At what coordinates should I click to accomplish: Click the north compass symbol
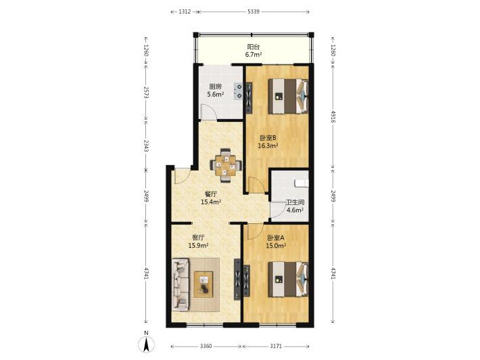click(147, 344)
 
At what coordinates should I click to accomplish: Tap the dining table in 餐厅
click(226, 165)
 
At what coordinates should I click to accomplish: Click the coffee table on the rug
click(203, 284)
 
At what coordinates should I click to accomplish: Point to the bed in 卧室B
click(288, 96)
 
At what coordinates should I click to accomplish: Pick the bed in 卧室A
click(288, 279)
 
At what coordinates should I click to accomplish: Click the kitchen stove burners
click(239, 91)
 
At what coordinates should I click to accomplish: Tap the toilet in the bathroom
click(302, 183)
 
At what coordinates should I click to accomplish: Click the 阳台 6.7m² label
click(253, 51)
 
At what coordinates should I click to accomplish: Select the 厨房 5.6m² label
click(215, 91)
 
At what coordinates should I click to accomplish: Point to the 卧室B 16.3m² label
click(268, 142)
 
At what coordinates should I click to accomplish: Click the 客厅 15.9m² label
click(198, 242)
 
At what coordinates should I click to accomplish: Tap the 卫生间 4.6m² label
click(295, 206)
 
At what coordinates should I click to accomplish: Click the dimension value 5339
click(254, 12)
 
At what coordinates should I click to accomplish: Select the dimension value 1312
click(185, 12)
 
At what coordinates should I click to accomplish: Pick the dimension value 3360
click(206, 346)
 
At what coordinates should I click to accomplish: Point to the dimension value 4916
click(333, 117)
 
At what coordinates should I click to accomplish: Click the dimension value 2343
click(146, 146)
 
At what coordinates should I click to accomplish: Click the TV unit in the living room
click(237, 279)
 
